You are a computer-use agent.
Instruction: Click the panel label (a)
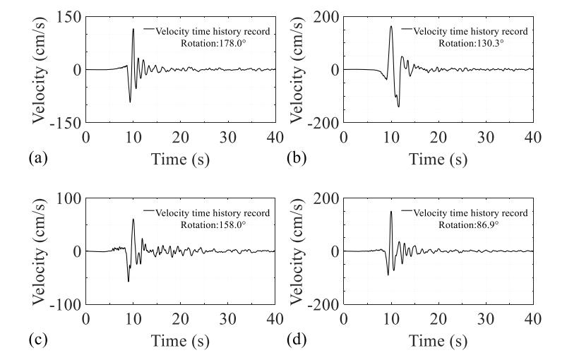(39, 159)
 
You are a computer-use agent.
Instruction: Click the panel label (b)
(296, 159)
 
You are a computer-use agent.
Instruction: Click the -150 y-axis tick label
(65, 123)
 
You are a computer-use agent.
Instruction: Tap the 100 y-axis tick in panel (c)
(68, 198)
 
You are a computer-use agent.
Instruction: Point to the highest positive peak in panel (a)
(133, 29)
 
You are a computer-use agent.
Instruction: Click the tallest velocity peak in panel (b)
(391, 27)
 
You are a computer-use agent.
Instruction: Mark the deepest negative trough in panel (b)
(398, 107)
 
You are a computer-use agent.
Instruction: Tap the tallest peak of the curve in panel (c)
(133, 219)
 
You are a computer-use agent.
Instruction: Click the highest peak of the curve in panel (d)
(391, 211)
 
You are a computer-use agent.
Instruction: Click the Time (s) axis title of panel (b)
(439, 160)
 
